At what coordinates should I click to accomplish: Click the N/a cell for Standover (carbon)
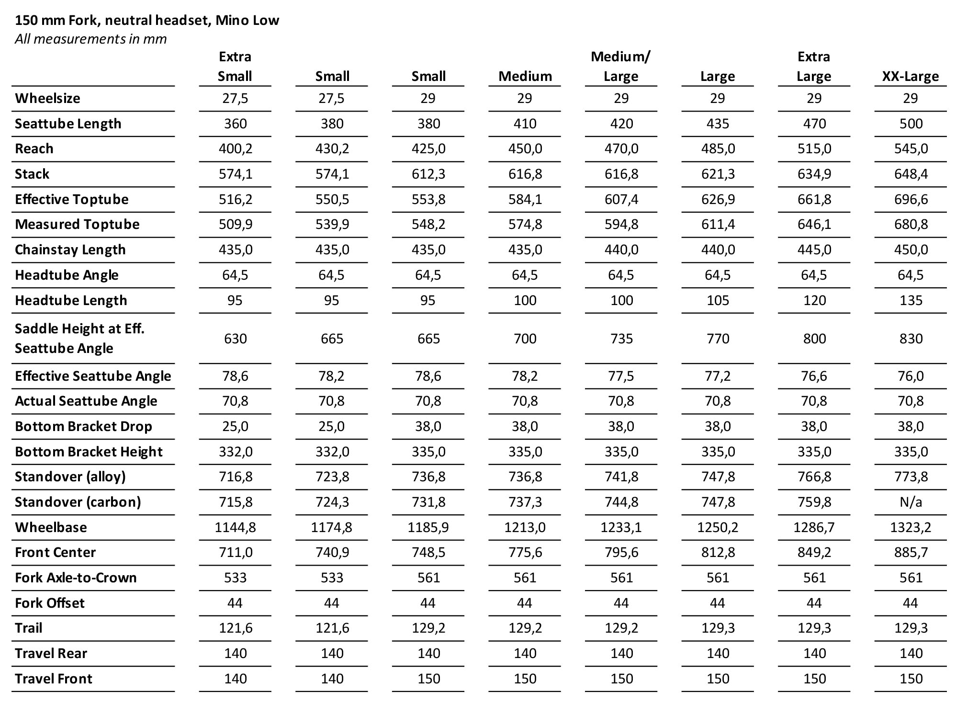pos(911,502)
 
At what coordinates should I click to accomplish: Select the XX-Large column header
pos(911,76)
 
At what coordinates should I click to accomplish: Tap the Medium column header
pos(525,76)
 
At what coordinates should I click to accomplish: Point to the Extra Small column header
pos(235,67)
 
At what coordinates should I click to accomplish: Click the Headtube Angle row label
pos(67,275)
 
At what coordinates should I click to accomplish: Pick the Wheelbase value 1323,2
pos(911,527)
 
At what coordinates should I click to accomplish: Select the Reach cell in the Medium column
pos(525,148)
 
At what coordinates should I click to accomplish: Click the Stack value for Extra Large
pos(814,174)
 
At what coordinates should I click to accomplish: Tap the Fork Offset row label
pos(50,603)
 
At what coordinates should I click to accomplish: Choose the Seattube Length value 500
pos(911,124)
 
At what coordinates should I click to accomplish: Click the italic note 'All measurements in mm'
pos(91,39)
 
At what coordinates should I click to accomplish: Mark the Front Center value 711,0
pos(235,552)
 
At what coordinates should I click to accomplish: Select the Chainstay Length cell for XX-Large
pos(911,250)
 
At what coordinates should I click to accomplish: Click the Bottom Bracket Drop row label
pos(83,426)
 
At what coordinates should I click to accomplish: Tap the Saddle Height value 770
pos(718,339)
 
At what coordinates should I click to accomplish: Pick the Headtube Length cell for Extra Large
pos(814,300)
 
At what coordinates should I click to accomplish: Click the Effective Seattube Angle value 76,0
pos(911,376)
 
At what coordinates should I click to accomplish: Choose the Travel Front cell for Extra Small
pos(235,679)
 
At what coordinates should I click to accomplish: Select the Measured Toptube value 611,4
pos(718,224)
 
